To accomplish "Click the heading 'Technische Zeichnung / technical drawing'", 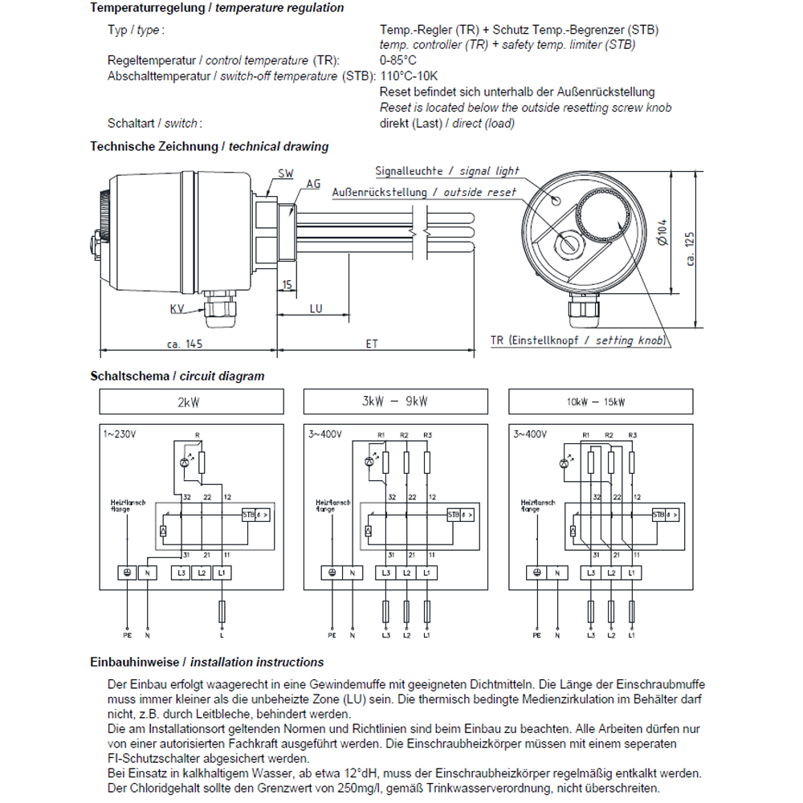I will click(210, 147).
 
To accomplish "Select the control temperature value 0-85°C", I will click(398, 61).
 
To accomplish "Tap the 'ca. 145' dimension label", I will click(184, 343).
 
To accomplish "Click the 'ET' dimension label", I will click(372, 343).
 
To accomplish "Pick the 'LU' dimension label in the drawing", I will click(316, 308).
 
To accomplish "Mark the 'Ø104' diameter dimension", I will click(662, 234).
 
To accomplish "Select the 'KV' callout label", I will click(177, 308).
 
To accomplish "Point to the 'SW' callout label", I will click(285, 173).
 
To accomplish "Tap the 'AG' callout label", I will click(313, 184).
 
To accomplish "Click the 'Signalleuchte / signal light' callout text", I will click(447, 171).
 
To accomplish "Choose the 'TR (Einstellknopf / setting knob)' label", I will click(578, 340).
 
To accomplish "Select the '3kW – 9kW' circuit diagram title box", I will click(395, 401).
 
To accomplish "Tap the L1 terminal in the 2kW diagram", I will click(222, 573).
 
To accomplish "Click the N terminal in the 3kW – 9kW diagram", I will click(353, 573).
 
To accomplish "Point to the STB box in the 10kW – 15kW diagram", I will click(658, 515).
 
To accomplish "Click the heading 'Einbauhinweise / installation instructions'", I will click(207, 662).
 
